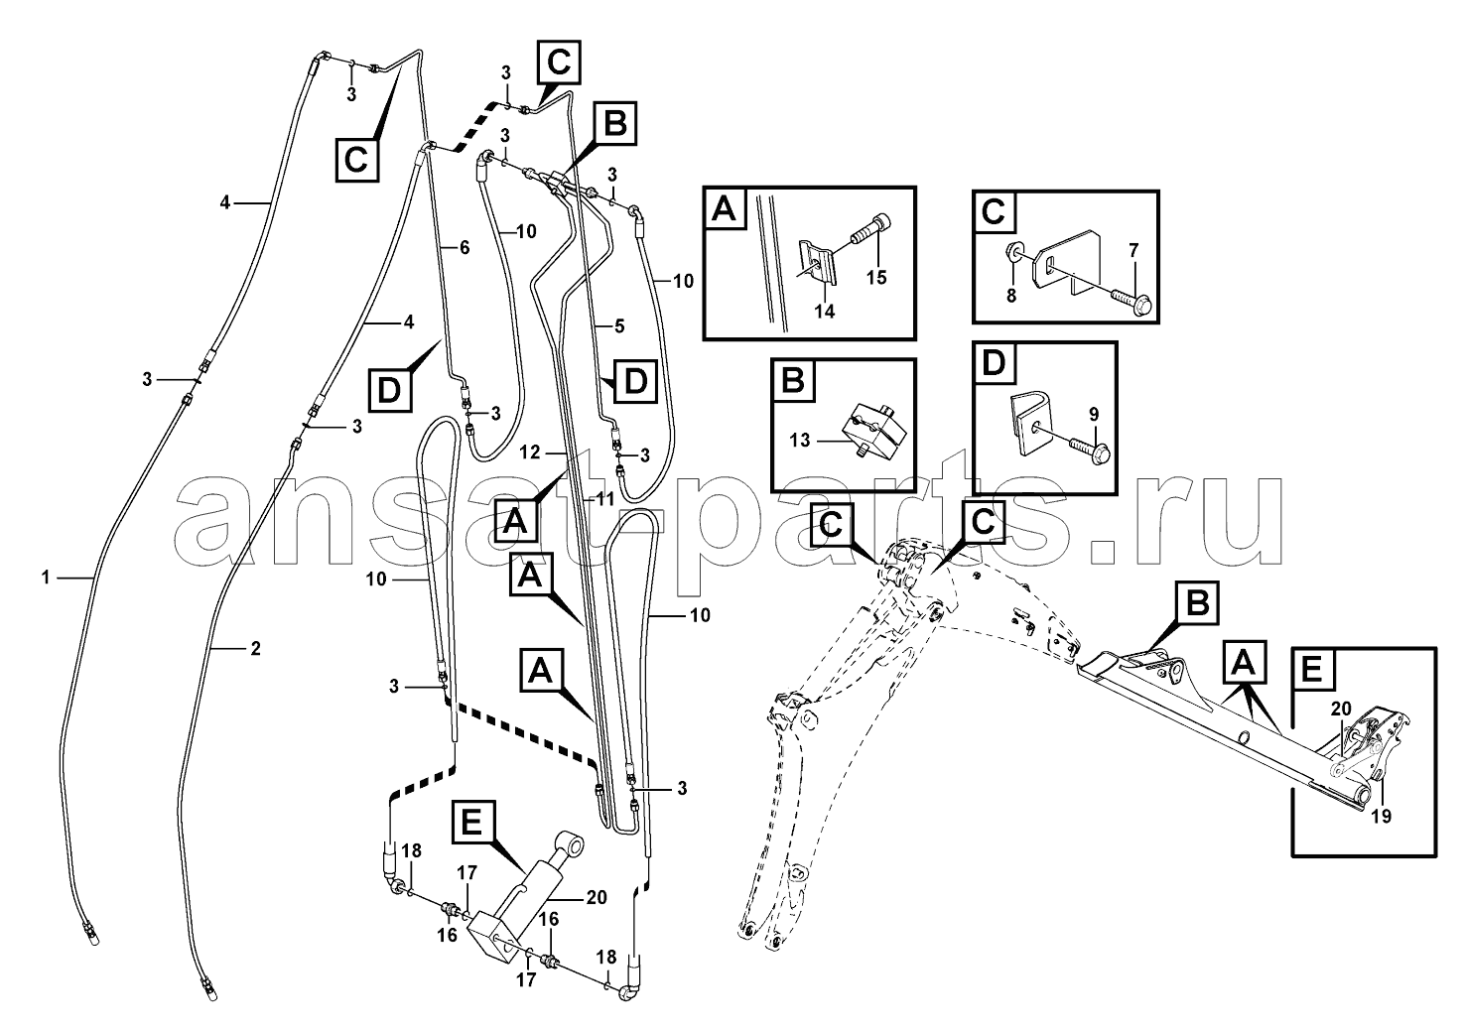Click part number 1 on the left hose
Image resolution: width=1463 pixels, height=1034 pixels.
(46, 576)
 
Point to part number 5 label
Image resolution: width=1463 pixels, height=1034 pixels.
(618, 324)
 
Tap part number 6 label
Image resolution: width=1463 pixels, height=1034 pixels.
(463, 248)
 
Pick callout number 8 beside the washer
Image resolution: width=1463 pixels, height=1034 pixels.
(1011, 295)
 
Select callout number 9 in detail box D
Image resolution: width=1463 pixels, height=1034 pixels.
(1093, 412)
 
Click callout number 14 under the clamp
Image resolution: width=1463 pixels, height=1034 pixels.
(825, 311)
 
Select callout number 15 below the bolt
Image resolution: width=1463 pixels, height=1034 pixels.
(876, 278)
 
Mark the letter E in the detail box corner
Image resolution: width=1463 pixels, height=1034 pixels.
(1311, 672)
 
